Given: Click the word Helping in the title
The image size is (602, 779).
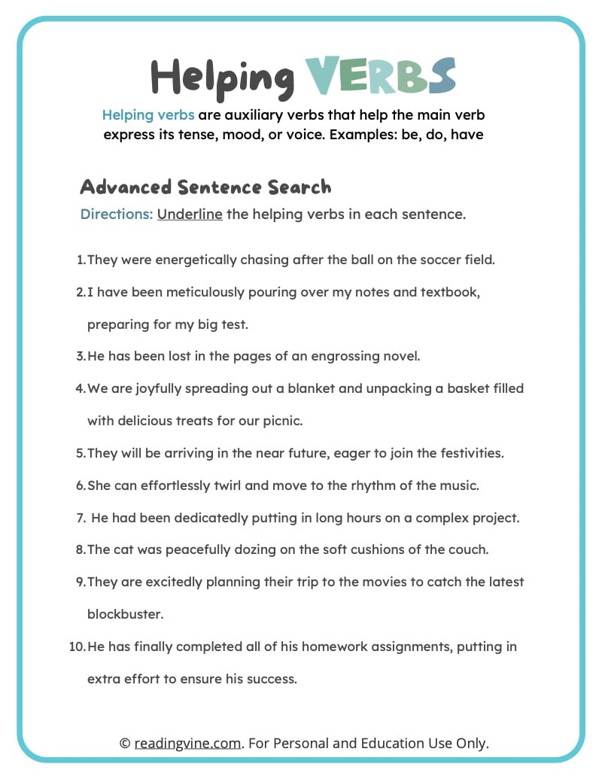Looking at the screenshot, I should (222, 77).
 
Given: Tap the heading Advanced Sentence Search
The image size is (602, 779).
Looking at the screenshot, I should (205, 187).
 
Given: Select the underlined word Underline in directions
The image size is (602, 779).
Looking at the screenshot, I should (190, 214).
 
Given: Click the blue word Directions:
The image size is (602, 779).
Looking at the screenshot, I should (117, 214).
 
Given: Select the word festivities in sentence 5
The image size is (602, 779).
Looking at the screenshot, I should (469, 453).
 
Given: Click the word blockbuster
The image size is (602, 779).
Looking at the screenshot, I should (125, 614).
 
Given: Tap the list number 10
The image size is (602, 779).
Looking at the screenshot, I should (77, 647).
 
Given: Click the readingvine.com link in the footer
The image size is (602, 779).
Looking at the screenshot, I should (188, 743).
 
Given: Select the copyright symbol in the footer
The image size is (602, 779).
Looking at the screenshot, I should (125, 743).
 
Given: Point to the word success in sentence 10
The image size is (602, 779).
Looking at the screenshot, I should (275, 679).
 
